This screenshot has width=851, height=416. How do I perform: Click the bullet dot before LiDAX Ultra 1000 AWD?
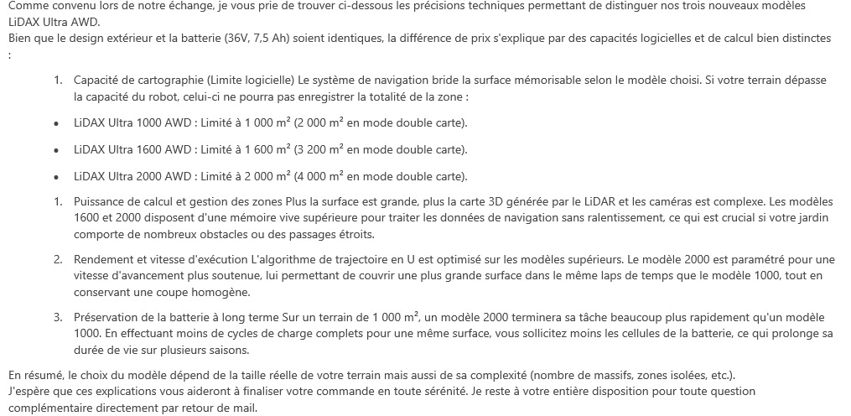(x=55, y=123)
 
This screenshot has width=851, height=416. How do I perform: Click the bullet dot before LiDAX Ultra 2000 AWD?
(x=55, y=176)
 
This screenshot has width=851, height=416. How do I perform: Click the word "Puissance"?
(x=101, y=202)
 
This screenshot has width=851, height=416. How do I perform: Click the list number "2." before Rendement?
(x=59, y=259)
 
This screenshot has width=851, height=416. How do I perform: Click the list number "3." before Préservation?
(x=59, y=317)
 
